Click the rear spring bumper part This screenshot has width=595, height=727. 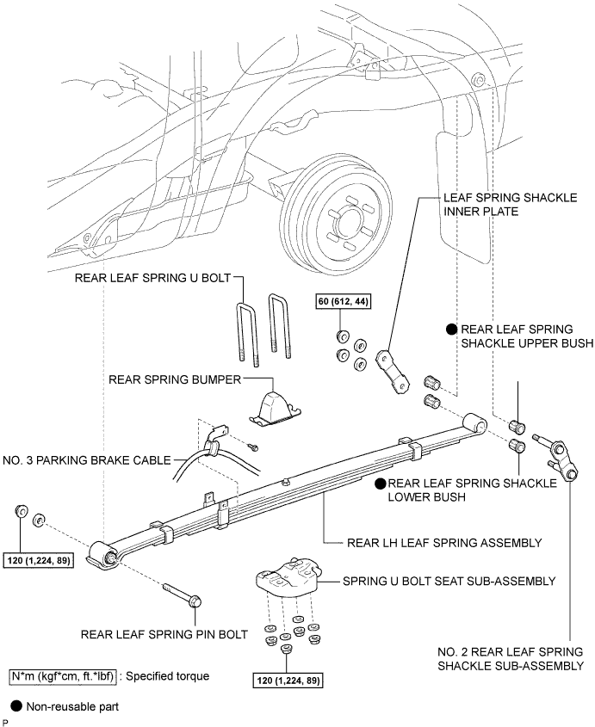275,409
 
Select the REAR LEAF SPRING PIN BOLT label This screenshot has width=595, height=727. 164,634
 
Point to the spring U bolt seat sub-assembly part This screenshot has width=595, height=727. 288,576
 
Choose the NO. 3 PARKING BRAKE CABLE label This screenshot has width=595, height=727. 87,460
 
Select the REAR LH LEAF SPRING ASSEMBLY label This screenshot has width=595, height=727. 444,543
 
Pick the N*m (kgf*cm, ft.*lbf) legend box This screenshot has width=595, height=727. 62,676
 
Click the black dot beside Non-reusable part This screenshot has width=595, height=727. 16,706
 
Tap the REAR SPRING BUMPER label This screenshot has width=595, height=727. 175,379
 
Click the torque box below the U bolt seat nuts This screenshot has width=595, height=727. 288,681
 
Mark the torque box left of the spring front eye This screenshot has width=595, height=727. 39,561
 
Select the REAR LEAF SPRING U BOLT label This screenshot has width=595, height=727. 152,278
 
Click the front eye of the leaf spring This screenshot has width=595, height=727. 104,555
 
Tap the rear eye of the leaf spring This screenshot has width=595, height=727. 474,423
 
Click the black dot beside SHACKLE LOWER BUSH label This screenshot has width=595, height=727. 381,484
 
